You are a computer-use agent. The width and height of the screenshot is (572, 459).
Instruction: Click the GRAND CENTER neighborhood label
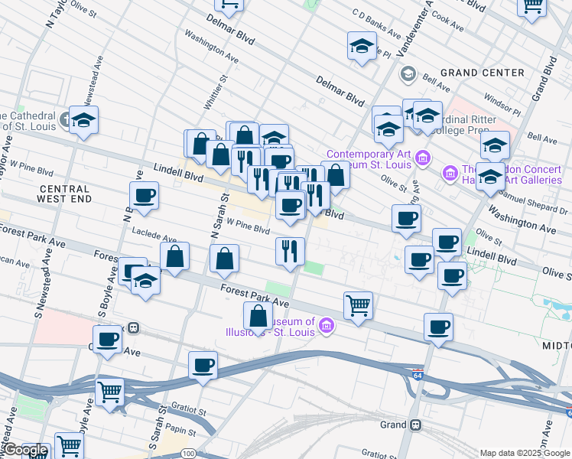482,73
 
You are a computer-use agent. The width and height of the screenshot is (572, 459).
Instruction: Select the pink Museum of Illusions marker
327,327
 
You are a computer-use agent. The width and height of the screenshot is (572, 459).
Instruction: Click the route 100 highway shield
188,454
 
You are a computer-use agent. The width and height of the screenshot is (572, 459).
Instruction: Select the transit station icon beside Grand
415,425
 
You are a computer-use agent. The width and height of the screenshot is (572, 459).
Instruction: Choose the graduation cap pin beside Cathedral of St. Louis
83,120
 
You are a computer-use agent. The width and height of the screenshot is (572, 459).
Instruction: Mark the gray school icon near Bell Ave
408,73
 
